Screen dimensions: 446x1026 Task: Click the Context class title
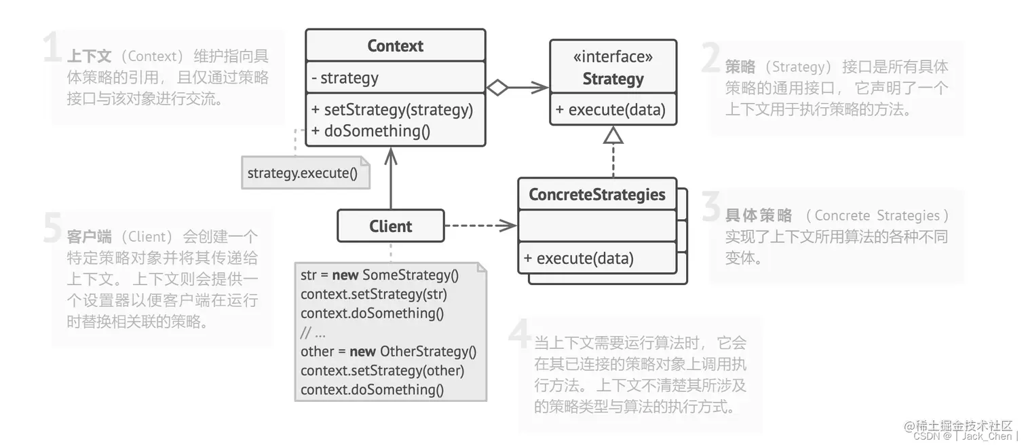coord(395,46)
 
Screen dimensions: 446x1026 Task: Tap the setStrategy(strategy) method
coord(392,109)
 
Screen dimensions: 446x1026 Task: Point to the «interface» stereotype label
coord(613,57)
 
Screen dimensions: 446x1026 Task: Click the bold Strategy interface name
coord(613,79)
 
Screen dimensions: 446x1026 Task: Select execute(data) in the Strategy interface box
coord(610,110)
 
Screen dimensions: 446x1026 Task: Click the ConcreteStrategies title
coord(596,195)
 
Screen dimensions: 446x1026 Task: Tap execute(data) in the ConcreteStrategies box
coord(578,258)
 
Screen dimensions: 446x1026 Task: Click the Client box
coord(390,226)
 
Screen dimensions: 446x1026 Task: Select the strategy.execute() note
coord(302,172)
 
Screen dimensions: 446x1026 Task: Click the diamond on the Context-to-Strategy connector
coord(497,87)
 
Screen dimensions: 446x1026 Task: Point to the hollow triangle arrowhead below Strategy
coord(613,136)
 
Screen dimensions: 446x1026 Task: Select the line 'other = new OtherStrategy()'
coord(388,352)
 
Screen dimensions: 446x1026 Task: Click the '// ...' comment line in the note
coord(313,333)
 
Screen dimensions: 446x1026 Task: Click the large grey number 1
coord(53,49)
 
